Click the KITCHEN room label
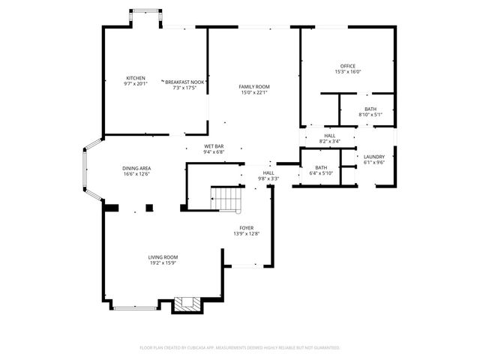coord(136,78)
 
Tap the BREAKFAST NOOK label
coord(185,82)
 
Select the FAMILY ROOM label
coord(254,87)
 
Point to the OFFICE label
coord(347,66)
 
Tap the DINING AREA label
coord(137,168)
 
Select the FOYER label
coord(247,227)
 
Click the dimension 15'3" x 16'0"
coord(347,72)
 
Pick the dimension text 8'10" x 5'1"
coord(370,115)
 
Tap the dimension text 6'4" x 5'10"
coord(321,173)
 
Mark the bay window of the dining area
coord(88,171)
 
